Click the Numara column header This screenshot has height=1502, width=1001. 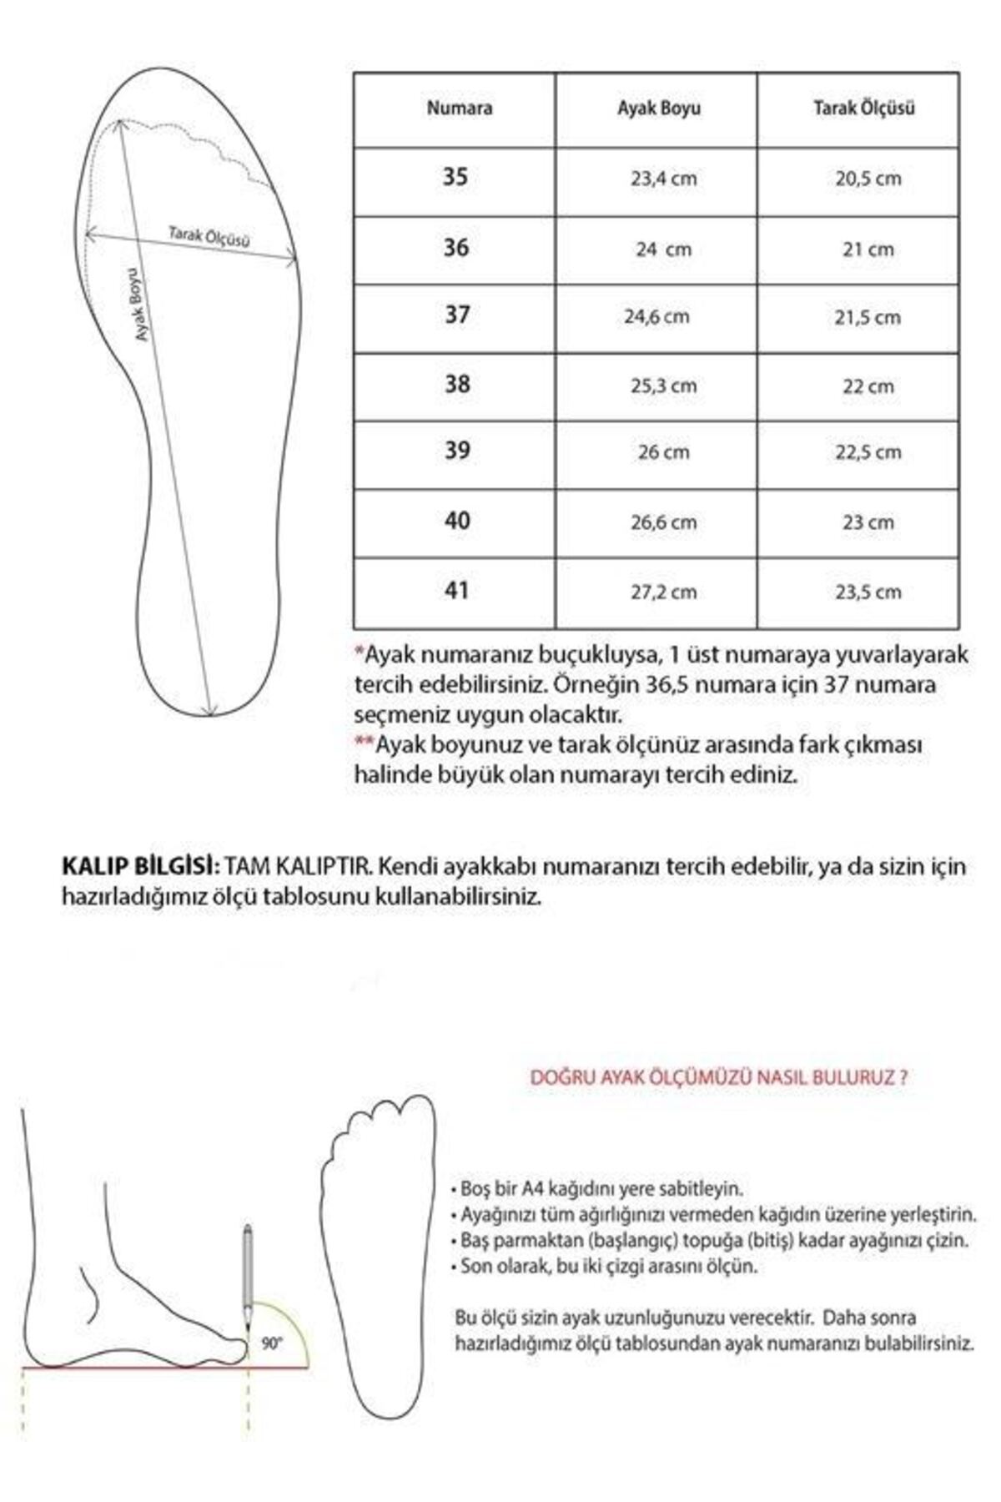460,108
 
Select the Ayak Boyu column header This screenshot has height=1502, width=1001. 659,108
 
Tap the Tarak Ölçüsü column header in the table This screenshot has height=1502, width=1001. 864,108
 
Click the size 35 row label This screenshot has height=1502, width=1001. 455,177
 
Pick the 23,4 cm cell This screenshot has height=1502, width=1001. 663,179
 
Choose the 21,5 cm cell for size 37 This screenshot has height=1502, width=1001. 868,317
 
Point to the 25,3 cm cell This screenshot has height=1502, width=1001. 663,386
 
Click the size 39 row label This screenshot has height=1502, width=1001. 457,451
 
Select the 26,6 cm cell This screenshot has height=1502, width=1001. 663,522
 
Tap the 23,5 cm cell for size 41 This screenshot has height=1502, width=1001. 868,592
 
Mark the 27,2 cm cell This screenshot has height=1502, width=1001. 663,592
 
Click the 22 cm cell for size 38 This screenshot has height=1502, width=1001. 868,386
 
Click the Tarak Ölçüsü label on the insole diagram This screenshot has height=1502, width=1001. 209,237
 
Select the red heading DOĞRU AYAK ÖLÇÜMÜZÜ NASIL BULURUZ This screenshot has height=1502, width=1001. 719,1077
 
